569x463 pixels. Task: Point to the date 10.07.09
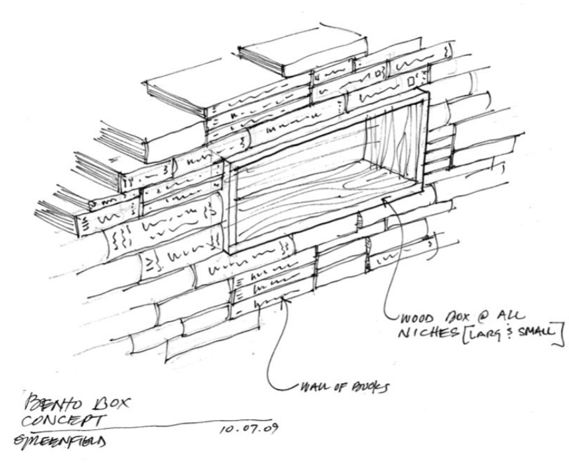(x=248, y=431)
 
